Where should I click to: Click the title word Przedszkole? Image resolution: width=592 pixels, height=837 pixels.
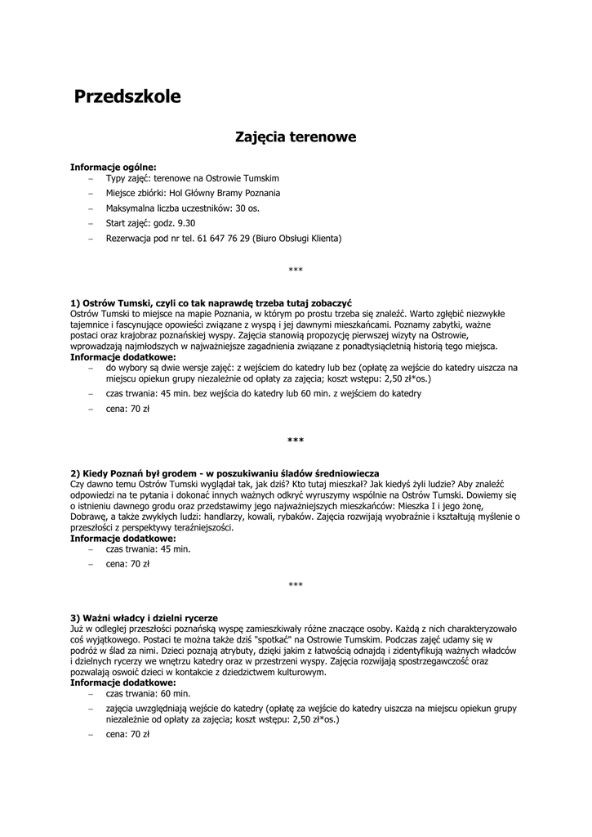click(x=127, y=97)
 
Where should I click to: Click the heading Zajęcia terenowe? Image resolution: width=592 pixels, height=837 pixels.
click(x=296, y=137)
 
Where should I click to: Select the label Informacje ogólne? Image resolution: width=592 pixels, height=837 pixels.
click(x=113, y=167)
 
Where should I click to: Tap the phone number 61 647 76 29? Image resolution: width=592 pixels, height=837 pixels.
click(x=222, y=239)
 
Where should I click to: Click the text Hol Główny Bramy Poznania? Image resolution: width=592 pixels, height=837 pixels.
click(x=225, y=193)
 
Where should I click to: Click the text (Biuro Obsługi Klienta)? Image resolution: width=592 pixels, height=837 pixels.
click(x=297, y=239)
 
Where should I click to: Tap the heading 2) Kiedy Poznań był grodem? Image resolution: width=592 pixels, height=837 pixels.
click(x=225, y=474)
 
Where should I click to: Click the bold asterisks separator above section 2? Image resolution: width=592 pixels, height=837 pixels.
click(x=296, y=441)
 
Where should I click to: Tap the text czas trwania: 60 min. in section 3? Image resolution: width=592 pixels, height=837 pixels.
click(x=148, y=692)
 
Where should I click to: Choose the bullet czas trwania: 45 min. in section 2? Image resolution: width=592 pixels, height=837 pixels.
click(x=148, y=549)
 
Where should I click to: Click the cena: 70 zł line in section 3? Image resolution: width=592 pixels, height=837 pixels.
click(x=128, y=735)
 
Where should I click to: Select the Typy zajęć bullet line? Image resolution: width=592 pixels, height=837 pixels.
click(x=193, y=177)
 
